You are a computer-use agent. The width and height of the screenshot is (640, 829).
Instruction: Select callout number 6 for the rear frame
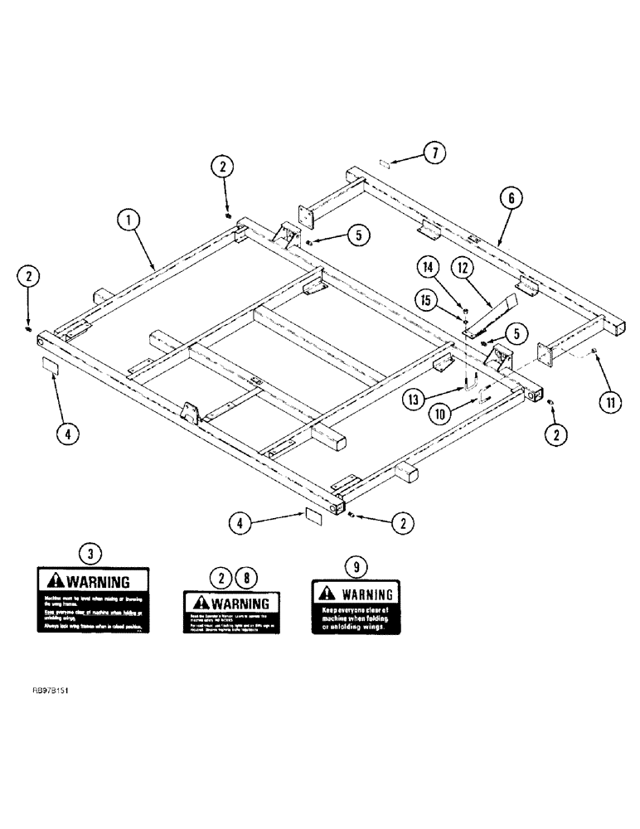coord(512,196)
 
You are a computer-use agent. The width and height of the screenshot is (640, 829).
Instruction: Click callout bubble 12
coord(463,268)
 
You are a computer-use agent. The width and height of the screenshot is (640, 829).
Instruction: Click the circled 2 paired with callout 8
coord(222,577)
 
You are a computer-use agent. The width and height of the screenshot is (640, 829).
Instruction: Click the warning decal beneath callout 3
coord(92,601)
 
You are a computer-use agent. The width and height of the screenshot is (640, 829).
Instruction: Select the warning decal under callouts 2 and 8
coord(231,613)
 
